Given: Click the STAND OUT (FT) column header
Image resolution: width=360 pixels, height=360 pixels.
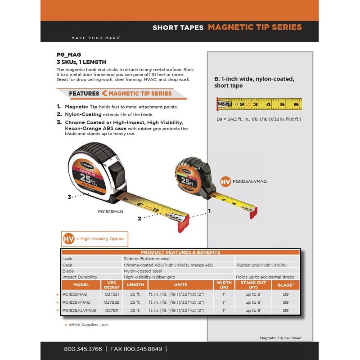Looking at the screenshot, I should [x=253, y=285].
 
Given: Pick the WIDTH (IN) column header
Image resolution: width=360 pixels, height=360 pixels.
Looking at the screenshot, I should [x=224, y=285].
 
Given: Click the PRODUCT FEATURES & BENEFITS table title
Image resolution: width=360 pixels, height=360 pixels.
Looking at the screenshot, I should [x=180, y=252].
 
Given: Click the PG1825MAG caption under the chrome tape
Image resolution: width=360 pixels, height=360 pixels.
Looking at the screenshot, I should [x=110, y=211].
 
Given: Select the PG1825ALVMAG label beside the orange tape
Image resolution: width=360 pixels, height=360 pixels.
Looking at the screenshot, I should [x=250, y=181].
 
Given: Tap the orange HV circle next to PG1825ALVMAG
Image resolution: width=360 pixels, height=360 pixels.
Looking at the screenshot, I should [x=225, y=182].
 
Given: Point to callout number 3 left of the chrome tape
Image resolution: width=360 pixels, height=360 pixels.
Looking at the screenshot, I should [x=70, y=197].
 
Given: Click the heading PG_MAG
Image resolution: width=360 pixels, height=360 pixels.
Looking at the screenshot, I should [x=67, y=55].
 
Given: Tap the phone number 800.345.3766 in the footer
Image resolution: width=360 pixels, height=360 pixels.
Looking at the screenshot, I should [x=83, y=349].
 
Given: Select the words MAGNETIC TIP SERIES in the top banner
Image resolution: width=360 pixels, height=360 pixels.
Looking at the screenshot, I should [x=255, y=27].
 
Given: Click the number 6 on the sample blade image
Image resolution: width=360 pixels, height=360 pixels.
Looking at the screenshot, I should [x=296, y=105].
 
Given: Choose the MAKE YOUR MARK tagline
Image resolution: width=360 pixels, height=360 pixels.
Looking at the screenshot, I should [x=96, y=38].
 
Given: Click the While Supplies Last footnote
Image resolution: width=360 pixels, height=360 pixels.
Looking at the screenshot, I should [x=88, y=325].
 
